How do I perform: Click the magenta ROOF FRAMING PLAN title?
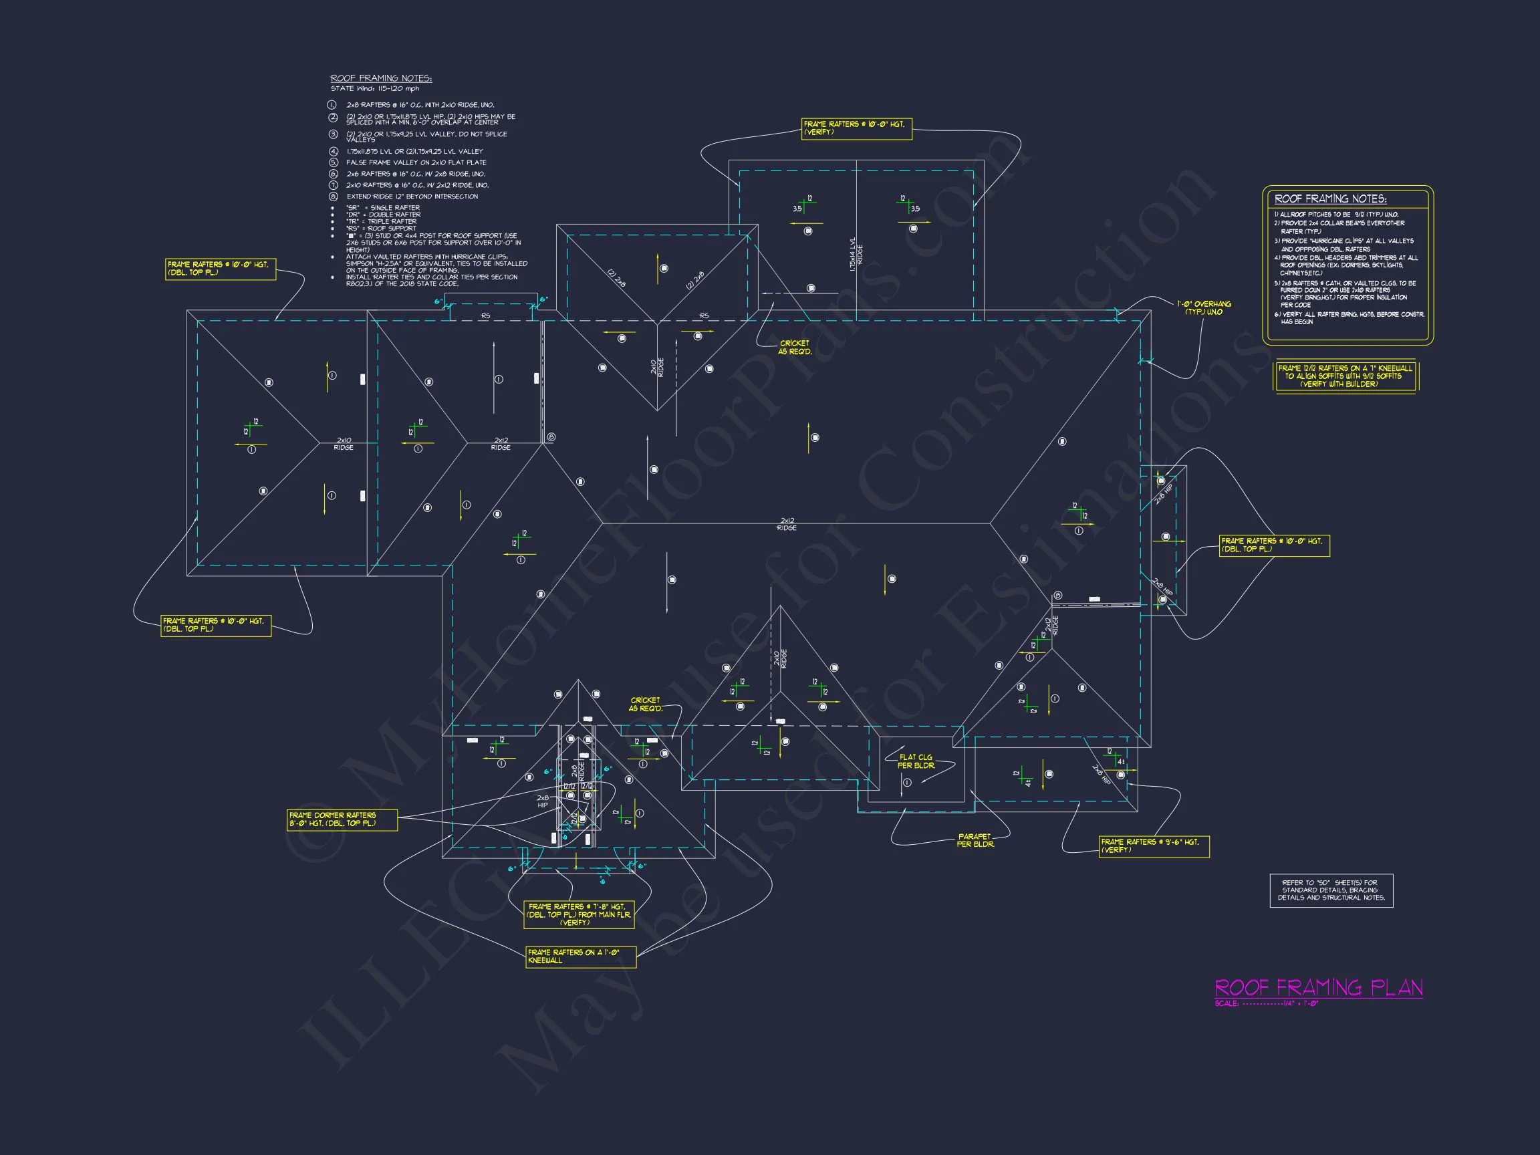click(1318, 988)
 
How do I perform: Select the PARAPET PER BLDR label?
click(975, 840)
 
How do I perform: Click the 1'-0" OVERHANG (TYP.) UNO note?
click(1204, 307)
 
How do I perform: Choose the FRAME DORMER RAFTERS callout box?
click(342, 819)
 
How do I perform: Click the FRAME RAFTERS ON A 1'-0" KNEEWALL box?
click(581, 956)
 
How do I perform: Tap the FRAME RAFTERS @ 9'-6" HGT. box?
click(1154, 846)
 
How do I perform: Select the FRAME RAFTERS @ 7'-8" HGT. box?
click(580, 914)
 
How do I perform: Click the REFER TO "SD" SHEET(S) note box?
click(1331, 890)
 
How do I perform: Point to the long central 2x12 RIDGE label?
click(787, 524)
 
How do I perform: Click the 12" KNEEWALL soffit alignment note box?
click(1345, 376)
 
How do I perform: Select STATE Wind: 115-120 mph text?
click(374, 89)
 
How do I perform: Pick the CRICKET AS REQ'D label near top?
click(794, 348)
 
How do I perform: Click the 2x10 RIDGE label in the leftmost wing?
click(344, 443)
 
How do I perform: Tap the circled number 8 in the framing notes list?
click(334, 197)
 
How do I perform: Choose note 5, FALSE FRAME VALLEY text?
click(416, 163)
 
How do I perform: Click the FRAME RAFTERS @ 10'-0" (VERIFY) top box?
click(856, 128)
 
